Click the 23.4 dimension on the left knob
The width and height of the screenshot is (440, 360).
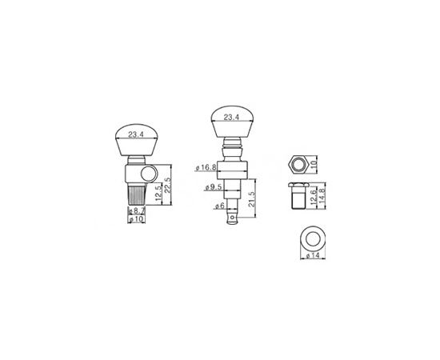136,134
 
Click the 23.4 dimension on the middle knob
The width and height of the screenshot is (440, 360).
231,118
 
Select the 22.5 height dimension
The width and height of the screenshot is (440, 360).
167,185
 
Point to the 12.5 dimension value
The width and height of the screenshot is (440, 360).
158,194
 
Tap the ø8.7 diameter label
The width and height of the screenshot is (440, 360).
137,210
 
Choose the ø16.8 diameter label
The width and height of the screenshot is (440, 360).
206,168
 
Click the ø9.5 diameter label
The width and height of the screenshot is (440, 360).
214,187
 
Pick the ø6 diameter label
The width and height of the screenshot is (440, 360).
220,206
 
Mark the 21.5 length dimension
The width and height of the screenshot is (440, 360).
252,199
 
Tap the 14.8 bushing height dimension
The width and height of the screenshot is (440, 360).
322,196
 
